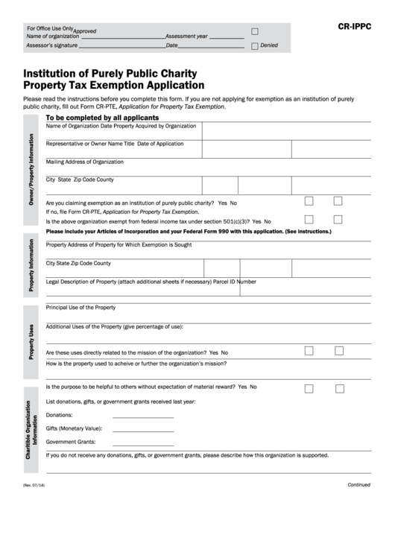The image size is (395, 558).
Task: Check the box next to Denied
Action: click(255, 46)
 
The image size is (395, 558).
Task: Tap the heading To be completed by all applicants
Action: click(102, 118)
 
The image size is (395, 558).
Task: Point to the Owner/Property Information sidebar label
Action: click(31, 170)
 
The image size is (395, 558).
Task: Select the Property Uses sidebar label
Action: click(31, 342)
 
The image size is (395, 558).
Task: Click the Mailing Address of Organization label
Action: click(85, 162)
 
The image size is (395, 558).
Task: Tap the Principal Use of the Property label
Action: click(80, 307)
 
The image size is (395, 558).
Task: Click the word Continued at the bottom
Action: click(358, 484)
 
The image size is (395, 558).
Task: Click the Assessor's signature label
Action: click(51, 45)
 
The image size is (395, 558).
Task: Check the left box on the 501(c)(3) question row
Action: click(309, 219)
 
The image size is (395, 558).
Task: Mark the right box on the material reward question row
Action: click(339, 388)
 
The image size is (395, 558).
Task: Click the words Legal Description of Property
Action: click(83, 282)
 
